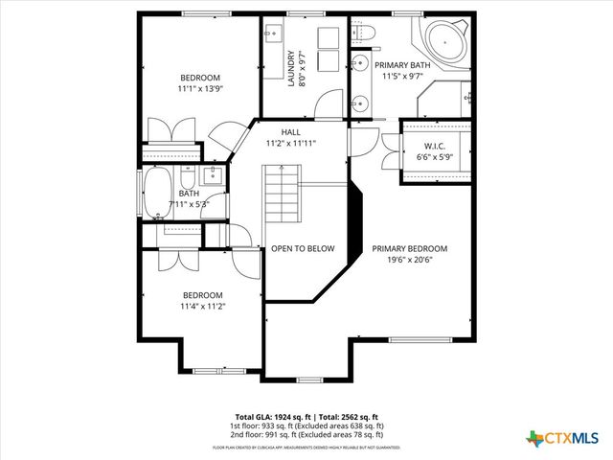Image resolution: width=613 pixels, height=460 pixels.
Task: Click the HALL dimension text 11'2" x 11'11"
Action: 290,143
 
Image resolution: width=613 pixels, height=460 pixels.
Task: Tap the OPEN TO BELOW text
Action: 303,248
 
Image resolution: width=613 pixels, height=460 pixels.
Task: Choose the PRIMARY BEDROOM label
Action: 409,248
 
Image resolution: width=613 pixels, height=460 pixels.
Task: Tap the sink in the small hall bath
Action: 214,175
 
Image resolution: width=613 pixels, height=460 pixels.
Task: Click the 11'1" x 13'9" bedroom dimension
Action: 200,88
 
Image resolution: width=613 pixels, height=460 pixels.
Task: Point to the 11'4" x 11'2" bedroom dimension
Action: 202,306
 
